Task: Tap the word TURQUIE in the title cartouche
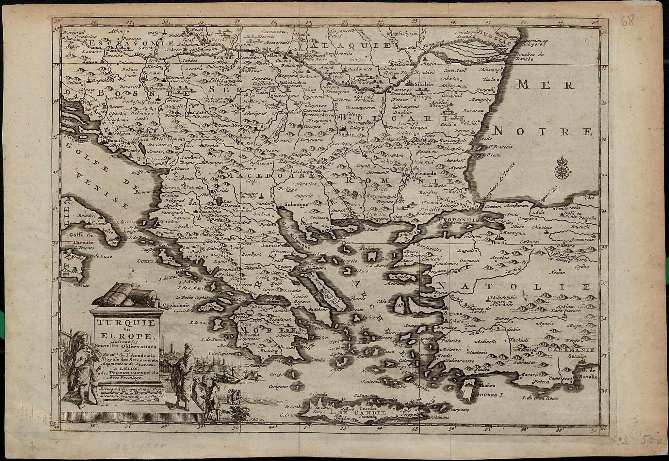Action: click(125, 323)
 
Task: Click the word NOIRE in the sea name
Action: click(543, 132)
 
